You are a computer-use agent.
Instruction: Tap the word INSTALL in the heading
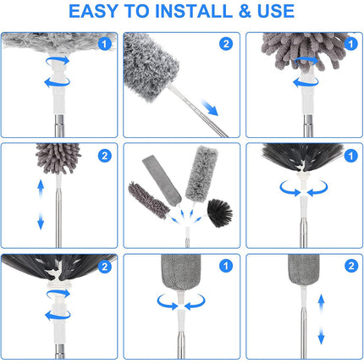click(187, 12)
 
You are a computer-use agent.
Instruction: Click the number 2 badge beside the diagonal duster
click(225, 44)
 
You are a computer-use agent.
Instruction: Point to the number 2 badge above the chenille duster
click(103, 156)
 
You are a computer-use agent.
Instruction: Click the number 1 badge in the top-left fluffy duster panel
click(103, 44)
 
